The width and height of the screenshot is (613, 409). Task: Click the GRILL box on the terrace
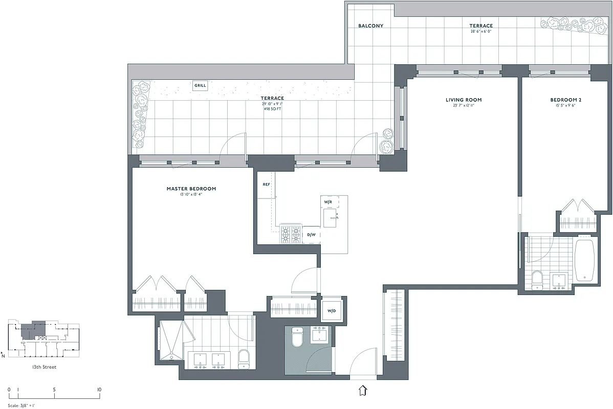pyautogui.click(x=200, y=86)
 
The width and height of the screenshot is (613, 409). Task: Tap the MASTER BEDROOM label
pyautogui.click(x=191, y=189)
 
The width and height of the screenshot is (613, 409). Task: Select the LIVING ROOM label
pyautogui.click(x=464, y=100)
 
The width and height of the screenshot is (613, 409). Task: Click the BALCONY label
pyautogui.click(x=370, y=26)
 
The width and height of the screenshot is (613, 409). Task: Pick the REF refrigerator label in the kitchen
pyautogui.click(x=266, y=184)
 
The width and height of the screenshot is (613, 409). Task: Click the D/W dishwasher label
pyautogui.click(x=312, y=235)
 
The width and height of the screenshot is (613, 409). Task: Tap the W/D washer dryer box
pyautogui.click(x=332, y=311)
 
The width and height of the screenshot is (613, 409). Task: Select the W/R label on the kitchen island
pyautogui.click(x=329, y=202)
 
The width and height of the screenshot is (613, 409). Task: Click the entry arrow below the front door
pyautogui.click(x=363, y=391)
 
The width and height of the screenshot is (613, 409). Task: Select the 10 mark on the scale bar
pyautogui.click(x=99, y=390)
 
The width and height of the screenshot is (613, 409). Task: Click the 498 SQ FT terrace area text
pyautogui.click(x=272, y=109)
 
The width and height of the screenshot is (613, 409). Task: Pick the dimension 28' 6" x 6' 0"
pyautogui.click(x=480, y=32)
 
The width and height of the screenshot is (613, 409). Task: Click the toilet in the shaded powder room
pyautogui.click(x=297, y=337)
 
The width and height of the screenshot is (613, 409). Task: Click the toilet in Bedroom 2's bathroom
pyautogui.click(x=537, y=280)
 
